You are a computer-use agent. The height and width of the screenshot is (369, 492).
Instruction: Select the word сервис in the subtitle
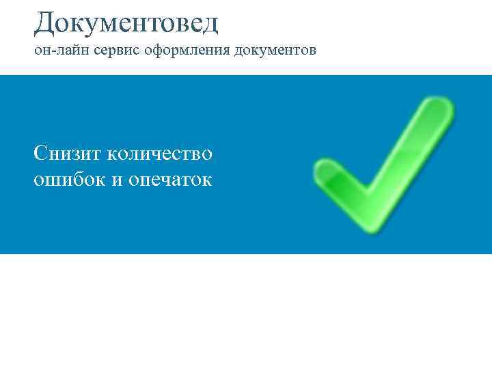point(106,51)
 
